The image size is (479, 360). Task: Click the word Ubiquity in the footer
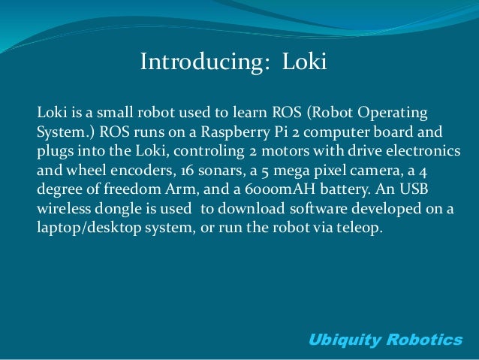(345, 340)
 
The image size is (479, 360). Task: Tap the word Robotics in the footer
(425, 340)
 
